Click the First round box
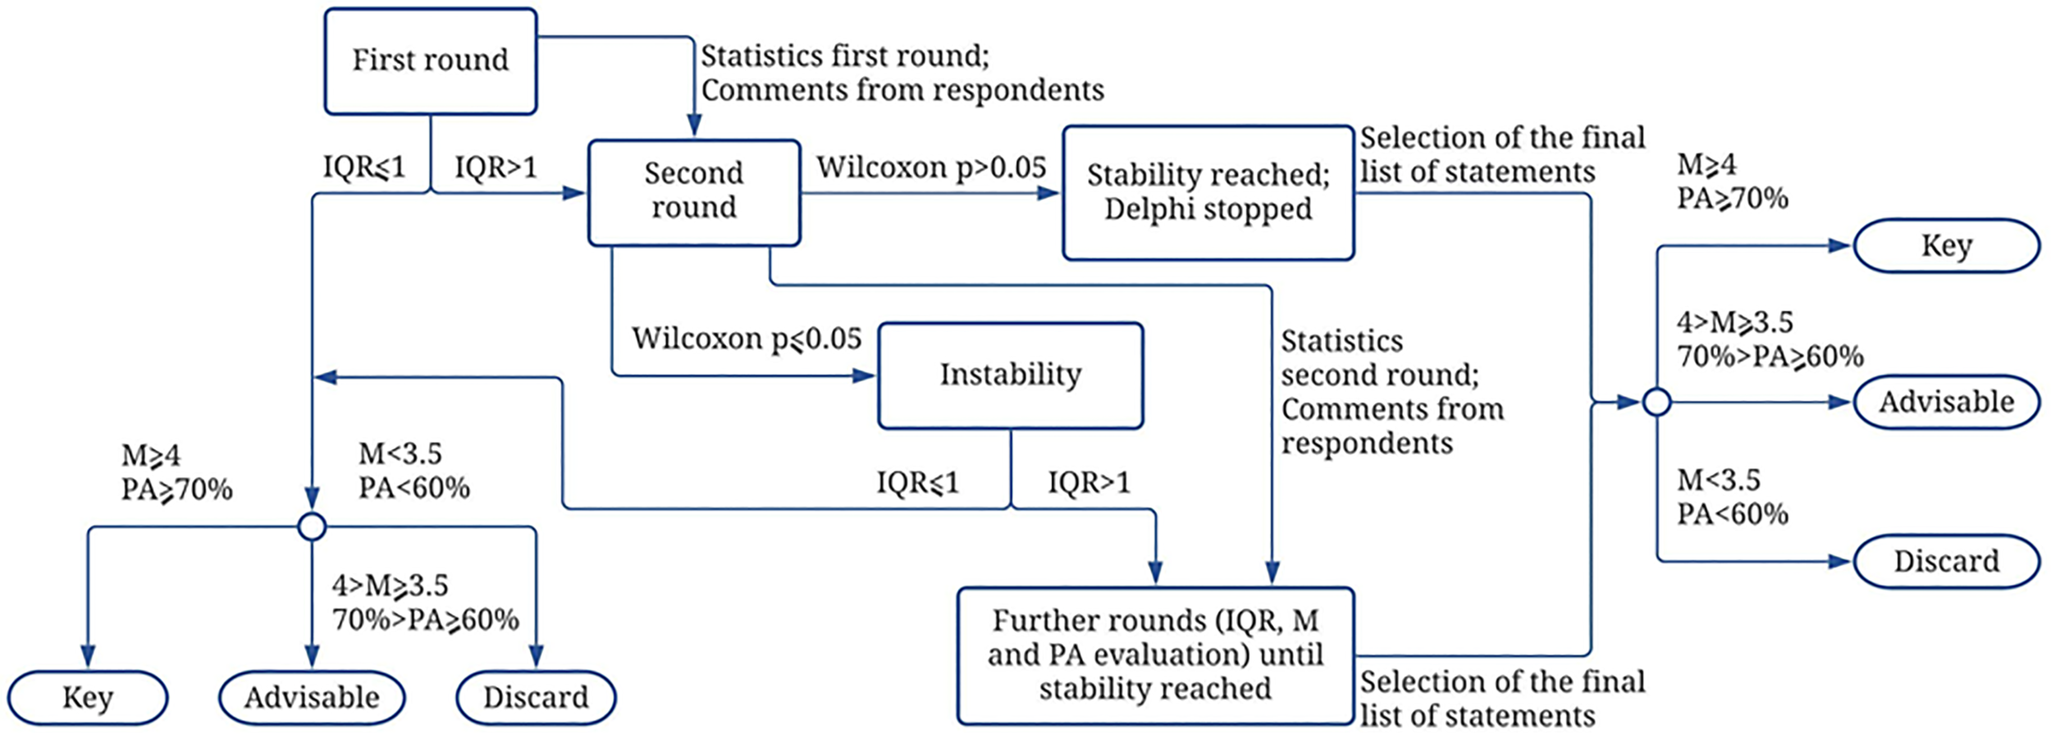coord(431,61)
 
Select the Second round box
coord(694,192)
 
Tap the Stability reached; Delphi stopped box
coord(1208,193)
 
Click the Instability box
coord(1010,375)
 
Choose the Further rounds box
coord(1155,654)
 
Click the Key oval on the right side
coord(1946,245)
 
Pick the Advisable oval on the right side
coord(1946,402)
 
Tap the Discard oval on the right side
coord(1946,561)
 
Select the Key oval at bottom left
coord(88,697)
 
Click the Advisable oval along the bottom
coord(312,697)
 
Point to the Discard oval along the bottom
coord(536,697)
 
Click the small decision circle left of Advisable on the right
coord(1656,402)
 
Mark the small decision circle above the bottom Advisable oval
coord(312,527)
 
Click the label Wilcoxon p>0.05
coord(931,167)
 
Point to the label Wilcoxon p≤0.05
coord(747,339)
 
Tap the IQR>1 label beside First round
coord(496,167)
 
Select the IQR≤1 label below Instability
coord(917,482)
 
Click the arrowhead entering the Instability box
coord(865,376)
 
